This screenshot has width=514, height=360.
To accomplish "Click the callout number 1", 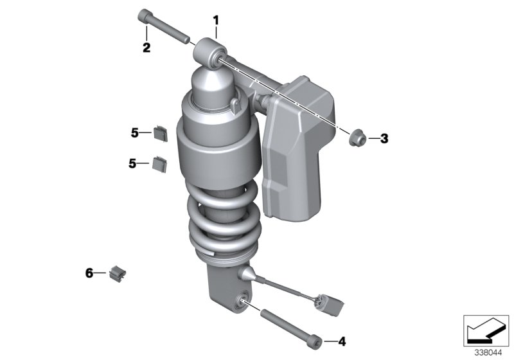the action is [x=216, y=21].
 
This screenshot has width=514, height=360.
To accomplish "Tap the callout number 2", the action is [x=146, y=48].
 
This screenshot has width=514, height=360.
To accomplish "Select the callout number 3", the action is [x=384, y=138].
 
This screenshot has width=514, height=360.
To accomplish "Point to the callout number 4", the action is [x=342, y=341].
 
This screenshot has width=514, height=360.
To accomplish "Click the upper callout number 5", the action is [x=135, y=133].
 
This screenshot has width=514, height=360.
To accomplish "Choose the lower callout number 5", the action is [x=132, y=163].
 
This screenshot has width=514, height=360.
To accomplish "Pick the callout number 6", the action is [x=89, y=273].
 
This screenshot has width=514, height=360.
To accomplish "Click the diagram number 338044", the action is [x=488, y=353].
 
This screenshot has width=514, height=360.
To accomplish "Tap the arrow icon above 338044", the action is [x=486, y=330].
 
